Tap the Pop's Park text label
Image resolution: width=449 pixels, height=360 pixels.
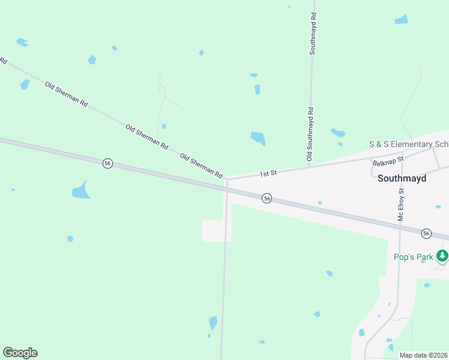[413, 257]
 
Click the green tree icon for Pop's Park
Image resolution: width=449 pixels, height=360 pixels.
[442, 256]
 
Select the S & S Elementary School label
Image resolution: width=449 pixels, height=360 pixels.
[408, 145]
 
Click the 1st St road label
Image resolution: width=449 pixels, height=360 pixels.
[268, 173]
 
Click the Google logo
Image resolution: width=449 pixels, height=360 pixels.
[20, 353]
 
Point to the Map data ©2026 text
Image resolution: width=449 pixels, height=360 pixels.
[424, 355]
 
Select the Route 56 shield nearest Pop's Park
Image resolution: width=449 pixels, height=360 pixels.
[426, 233]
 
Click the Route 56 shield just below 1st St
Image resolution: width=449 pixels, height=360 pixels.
[267, 198]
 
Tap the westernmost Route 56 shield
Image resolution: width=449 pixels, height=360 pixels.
[107, 163]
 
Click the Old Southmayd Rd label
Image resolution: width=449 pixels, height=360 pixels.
[310, 134]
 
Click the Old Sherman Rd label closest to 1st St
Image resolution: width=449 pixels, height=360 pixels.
[202, 166]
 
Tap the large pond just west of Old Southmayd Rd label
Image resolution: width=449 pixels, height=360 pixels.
[258, 139]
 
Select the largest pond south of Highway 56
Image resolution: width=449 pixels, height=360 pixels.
[80, 191]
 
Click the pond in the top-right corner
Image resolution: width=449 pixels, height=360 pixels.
[402, 19]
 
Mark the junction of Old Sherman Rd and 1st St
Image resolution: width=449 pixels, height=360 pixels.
[227, 178]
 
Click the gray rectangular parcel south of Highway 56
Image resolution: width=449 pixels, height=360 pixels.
[216, 231]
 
